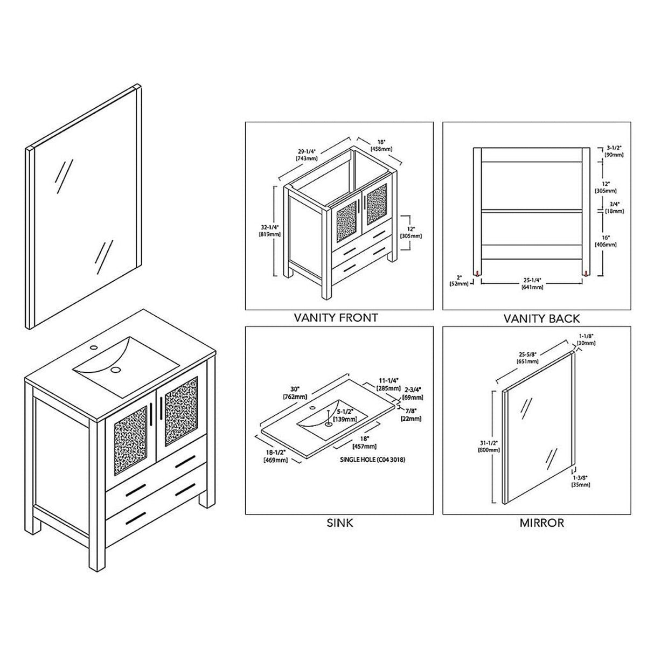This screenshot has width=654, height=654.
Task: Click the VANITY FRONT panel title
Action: pos(336,317)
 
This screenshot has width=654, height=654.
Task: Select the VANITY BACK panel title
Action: pos(541,318)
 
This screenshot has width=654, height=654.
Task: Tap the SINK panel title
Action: pos(340,522)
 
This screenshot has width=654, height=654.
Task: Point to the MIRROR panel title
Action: pos(541,522)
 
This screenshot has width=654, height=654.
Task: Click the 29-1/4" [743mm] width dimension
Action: pos(306,155)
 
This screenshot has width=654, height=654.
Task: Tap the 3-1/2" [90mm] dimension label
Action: pos(614,151)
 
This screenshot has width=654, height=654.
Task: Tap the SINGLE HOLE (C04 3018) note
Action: pos(372,460)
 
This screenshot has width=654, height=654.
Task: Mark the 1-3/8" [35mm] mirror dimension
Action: pos(581,481)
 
